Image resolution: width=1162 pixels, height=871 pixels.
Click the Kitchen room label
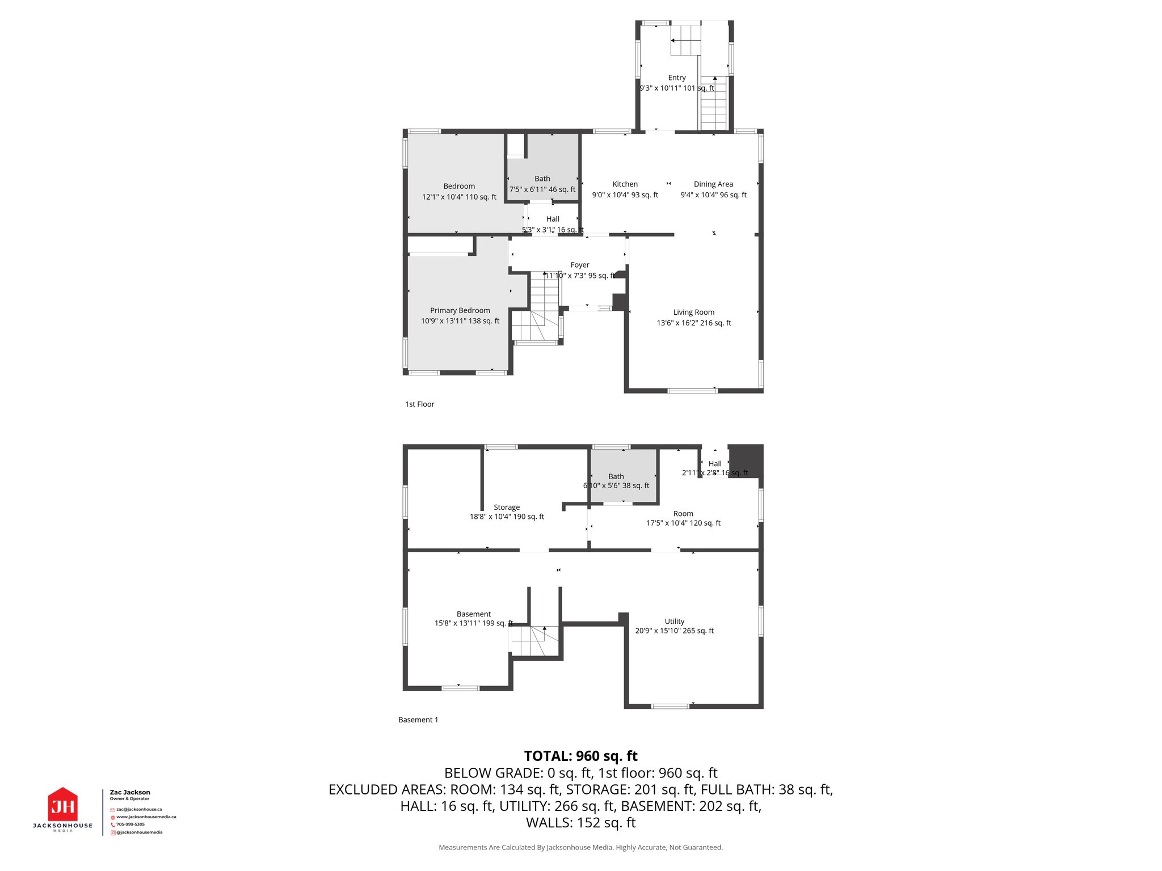pyautogui.click(x=625, y=184)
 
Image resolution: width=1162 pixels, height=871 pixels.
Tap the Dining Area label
pyautogui.click(x=713, y=184)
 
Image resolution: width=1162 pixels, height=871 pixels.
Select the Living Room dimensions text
pyautogui.click(x=694, y=323)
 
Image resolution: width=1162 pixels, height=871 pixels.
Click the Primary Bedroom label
pyautogui.click(x=460, y=311)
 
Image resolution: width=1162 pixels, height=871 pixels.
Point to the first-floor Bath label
pyautogui.click(x=542, y=179)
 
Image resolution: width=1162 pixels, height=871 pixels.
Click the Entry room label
pyautogui.click(x=677, y=78)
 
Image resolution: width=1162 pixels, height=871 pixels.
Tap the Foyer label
pyautogui.click(x=579, y=265)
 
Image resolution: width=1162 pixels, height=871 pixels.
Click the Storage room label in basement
pyautogui.click(x=507, y=508)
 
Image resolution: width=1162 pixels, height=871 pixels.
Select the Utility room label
pyautogui.click(x=674, y=621)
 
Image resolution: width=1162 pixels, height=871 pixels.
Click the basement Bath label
pyautogui.click(x=616, y=477)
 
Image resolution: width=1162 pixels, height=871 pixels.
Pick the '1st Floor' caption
pyautogui.click(x=419, y=404)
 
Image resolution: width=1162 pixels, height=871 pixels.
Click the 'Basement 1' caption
pyautogui.click(x=418, y=720)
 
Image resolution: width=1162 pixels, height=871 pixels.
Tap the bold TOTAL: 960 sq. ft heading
pyautogui.click(x=580, y=756)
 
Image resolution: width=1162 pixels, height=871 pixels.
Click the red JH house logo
pyautogui.click(x=62, y=805)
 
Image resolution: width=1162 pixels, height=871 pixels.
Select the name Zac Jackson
pyautogui.click(x=130, y=792)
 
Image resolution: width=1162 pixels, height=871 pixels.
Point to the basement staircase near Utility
pyautogui.click(x=533, y=641)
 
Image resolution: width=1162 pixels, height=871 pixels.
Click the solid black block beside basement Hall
pyautogui.click(x=745, y=461)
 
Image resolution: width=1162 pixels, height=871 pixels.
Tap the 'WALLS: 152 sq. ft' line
pyautogui.click(x=580, y=823)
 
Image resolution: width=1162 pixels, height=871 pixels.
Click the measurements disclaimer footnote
pyautogui.click(x=580, y=848)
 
